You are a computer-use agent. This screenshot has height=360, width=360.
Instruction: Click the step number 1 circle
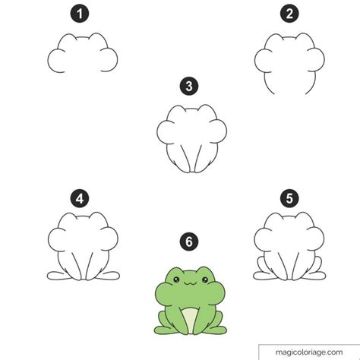[x=80, y=14]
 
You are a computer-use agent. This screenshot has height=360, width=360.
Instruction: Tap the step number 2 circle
[x=289, y=14]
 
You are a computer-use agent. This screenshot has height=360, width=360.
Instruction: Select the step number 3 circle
[x=189, y=86]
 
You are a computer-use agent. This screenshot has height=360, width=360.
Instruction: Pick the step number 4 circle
[x=80, y=198]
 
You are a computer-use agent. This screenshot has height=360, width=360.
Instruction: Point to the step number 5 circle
[x=289, y=198]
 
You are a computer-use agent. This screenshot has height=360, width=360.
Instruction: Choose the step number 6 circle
[x=189, y=242]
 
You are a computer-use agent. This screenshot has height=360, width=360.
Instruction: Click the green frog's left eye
[x=176, y=279]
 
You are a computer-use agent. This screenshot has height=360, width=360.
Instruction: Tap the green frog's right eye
[x=205, y=279]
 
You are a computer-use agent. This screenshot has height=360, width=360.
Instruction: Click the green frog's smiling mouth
[x=191, y=283]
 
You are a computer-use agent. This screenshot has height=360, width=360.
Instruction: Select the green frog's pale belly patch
[x=191, y=320]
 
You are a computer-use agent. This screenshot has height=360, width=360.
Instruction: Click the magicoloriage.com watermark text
[x=309, y=352]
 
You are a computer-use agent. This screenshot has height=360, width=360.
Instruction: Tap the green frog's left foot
[x=165, y=330]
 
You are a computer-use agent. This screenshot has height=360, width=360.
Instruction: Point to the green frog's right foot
[x=216, y=330]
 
